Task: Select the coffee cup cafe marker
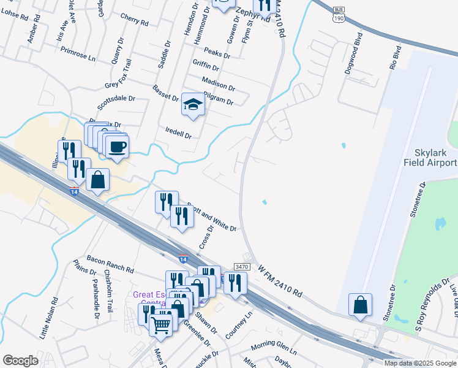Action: tap(116, 147)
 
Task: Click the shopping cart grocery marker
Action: tap(161, 324)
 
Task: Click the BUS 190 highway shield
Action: tap(339, 15)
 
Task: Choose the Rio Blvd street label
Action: tap(395, 56)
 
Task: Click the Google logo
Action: tap(20, 361)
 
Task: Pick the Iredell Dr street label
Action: tap(179, 131)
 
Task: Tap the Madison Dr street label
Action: tap(218, 83)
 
